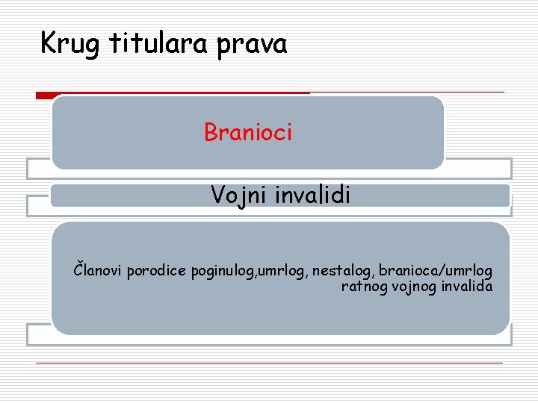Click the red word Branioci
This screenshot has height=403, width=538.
pyautogui.click(x=248, y=133)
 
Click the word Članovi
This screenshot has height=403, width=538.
pyautogui.click(x=98, y=269)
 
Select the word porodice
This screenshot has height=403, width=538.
pyautogui.click(x=158, y=269)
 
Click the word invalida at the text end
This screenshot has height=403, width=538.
pyautogui.click(x=468, y=286)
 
